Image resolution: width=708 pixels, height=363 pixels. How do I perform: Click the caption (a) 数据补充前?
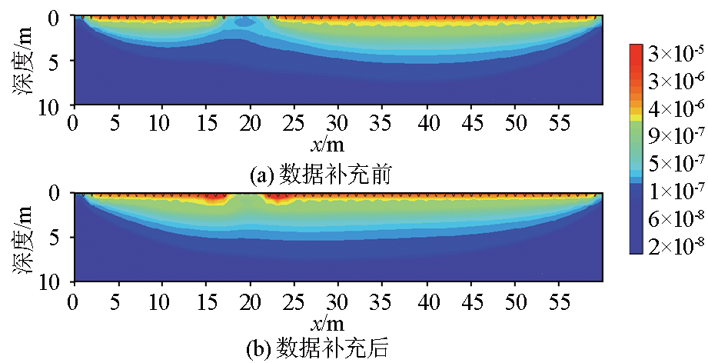322,175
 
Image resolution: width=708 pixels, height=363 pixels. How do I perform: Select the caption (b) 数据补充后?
322,350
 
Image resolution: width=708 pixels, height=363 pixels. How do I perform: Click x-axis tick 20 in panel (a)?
250,122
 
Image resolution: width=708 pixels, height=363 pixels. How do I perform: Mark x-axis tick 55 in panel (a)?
560,122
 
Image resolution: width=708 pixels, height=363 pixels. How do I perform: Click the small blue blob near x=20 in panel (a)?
244,23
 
